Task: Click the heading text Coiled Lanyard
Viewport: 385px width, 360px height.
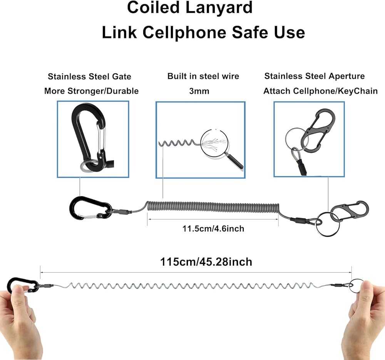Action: click(x=190, y=7)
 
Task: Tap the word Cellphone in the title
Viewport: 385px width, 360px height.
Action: click(x=184, y=32)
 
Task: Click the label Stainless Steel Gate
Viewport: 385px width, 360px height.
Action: click(x=89, y=77)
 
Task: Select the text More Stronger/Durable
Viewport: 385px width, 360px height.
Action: click(x=91, y=91)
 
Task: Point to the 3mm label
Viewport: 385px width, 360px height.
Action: click(x=199, y=91)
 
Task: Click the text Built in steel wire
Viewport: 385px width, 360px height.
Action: click(x=203, y=76)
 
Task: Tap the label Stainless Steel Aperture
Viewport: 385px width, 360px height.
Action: click(x=315, y=76)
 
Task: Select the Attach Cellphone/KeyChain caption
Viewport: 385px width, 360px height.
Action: click(x=320, y=91)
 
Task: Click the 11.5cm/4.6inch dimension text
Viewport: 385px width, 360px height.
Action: click(x=213, y=229)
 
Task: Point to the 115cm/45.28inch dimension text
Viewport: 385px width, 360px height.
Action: click(x=206, y=262)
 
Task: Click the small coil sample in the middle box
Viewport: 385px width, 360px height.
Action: click(x=177, y=143)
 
